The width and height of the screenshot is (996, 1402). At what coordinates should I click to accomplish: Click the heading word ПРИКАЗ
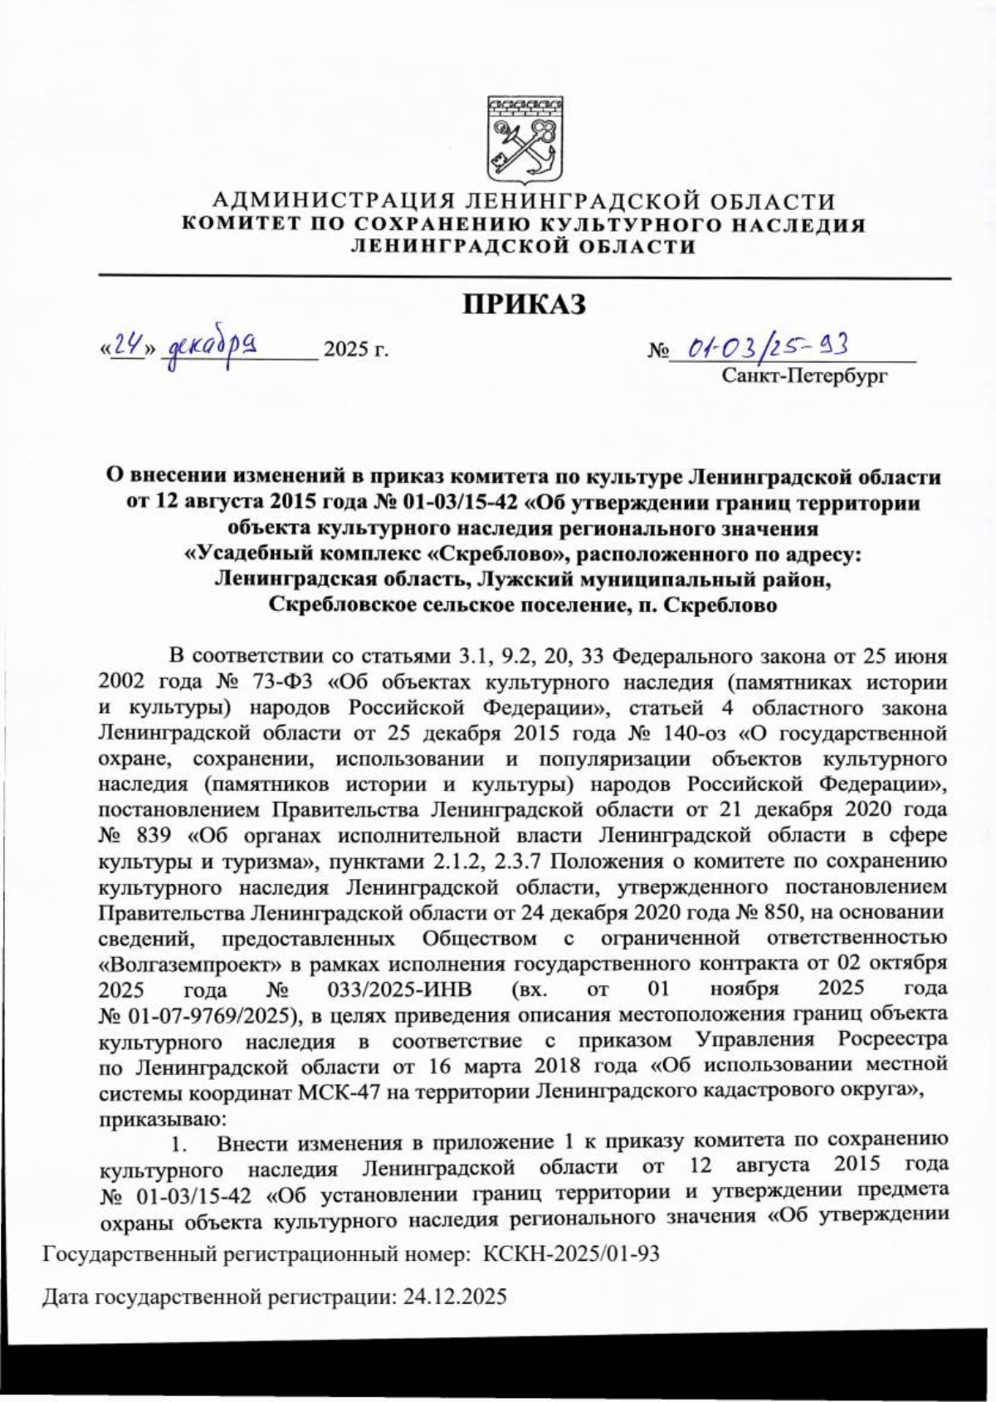[524, 304]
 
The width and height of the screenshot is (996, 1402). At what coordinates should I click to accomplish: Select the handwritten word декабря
[212, 342]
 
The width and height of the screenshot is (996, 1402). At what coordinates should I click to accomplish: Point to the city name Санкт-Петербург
[804, 377]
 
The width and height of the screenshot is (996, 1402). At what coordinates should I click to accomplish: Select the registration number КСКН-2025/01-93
[571, 1254]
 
